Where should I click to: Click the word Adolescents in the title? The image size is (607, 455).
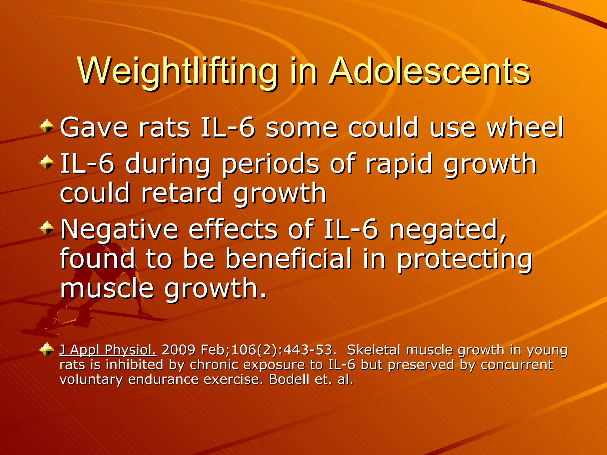click(430, 72)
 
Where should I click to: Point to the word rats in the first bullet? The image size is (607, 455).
click(164, 127)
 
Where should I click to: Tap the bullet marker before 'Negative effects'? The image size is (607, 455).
click(47, 229)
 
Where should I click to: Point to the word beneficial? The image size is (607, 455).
click(289, 258)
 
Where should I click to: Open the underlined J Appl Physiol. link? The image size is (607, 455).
click(108, 350)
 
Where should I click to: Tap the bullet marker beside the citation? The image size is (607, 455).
click(47, 350)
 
